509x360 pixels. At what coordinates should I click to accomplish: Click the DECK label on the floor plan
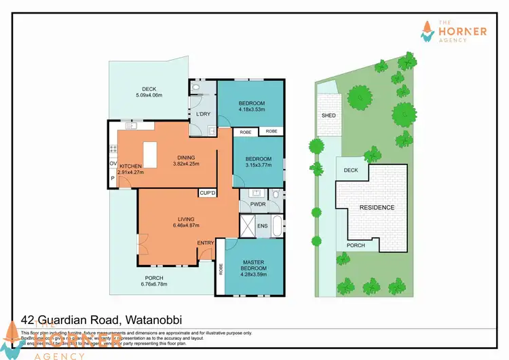[149, 89]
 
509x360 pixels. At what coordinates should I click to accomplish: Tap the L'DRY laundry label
[203, 113]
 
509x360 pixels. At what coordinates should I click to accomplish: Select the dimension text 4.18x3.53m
[251, 109]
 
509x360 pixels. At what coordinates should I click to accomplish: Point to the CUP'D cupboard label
[208, 194]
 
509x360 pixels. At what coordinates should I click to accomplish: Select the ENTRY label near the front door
[205, 242]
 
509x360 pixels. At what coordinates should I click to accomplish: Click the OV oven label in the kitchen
[113, 163]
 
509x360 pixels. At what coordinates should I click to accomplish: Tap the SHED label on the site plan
[328, 115]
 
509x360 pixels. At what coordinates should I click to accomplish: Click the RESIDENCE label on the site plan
[377, 207]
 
